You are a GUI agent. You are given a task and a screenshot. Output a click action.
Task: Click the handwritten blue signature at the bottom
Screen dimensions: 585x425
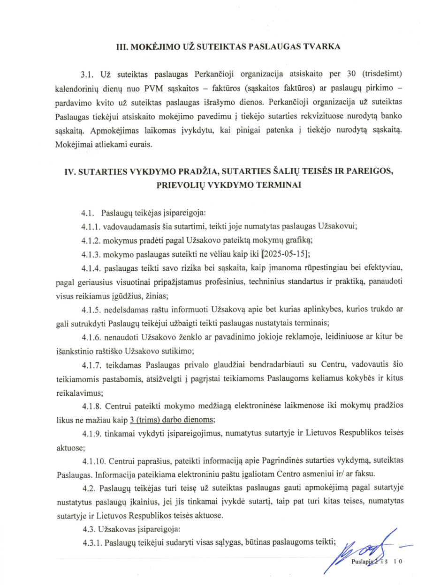(x=366, y=548)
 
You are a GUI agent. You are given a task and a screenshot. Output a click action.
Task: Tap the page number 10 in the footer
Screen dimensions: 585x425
(x=399, y=561)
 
